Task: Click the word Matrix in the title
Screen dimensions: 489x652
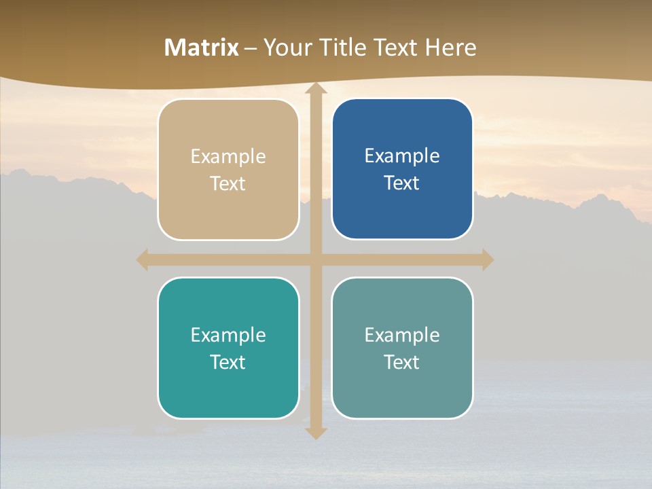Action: [x=202, y=48]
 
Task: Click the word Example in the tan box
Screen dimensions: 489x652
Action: [x=228, y=157]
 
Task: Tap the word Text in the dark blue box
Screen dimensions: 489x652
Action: [x=402, y=183]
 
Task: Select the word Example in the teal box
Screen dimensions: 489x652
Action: [x=228, y=335]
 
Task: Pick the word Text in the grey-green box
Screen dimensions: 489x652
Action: [x=402, y=362]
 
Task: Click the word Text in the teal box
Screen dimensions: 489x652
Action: [x=228, y=362]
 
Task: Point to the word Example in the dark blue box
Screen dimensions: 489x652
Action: [x=402, y=156]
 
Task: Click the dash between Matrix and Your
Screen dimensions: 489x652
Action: [x=251, y=48]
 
